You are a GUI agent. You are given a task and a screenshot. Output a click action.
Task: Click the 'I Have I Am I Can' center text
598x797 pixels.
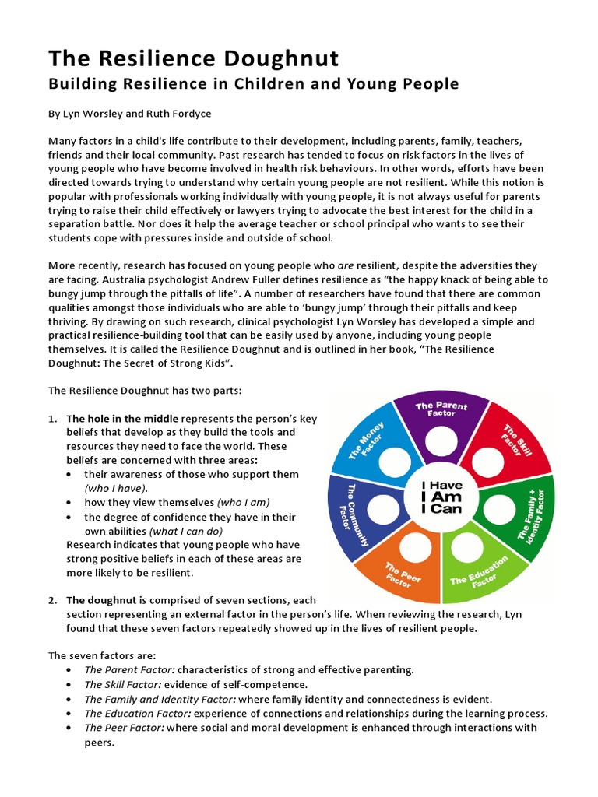[441, 497]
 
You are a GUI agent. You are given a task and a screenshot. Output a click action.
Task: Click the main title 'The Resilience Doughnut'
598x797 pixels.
[194, 58]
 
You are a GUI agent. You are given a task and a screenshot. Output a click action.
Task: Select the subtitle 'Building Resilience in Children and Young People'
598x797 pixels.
[254, 83]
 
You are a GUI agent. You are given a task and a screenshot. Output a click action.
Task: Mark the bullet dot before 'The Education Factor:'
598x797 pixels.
[71, 714]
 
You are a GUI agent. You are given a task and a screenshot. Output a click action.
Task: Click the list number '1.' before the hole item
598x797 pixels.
[53, 418]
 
